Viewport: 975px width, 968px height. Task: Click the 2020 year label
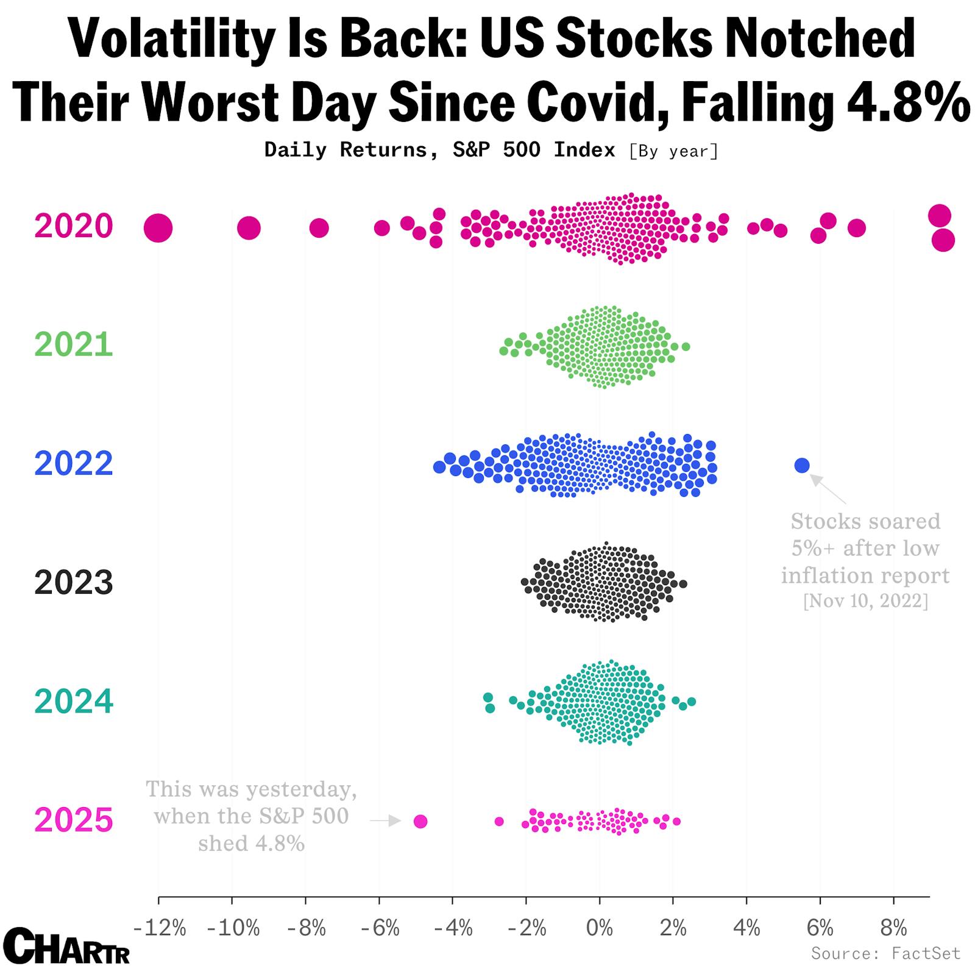tap(73, 226)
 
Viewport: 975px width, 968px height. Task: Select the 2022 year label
tap(73, 464)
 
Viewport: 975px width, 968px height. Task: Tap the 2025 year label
tap(73, 820)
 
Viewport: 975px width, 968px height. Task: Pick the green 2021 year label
tap(73, 345)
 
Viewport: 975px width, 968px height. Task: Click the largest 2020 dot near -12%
tap(158, 228)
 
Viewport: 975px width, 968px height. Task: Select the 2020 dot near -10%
tap(249, 229)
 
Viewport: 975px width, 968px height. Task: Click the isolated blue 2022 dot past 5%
tap(802, 466)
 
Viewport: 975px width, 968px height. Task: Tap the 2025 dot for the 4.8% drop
tap(420, 822)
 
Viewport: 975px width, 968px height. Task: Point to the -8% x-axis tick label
tap(306, 928)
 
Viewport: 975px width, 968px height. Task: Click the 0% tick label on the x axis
tap(600, 928)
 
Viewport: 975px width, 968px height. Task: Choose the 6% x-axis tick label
tap(820, 928)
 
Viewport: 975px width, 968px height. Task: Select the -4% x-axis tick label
tap(453, 928)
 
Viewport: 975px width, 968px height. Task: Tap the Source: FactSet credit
tap(885, 953)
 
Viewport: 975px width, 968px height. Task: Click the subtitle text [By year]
tap(673, 151)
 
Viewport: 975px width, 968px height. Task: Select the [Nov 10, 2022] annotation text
tap(865, 602)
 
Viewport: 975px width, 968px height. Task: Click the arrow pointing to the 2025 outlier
tap(386, 821)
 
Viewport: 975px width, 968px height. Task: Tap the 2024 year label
tap(73, 702)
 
